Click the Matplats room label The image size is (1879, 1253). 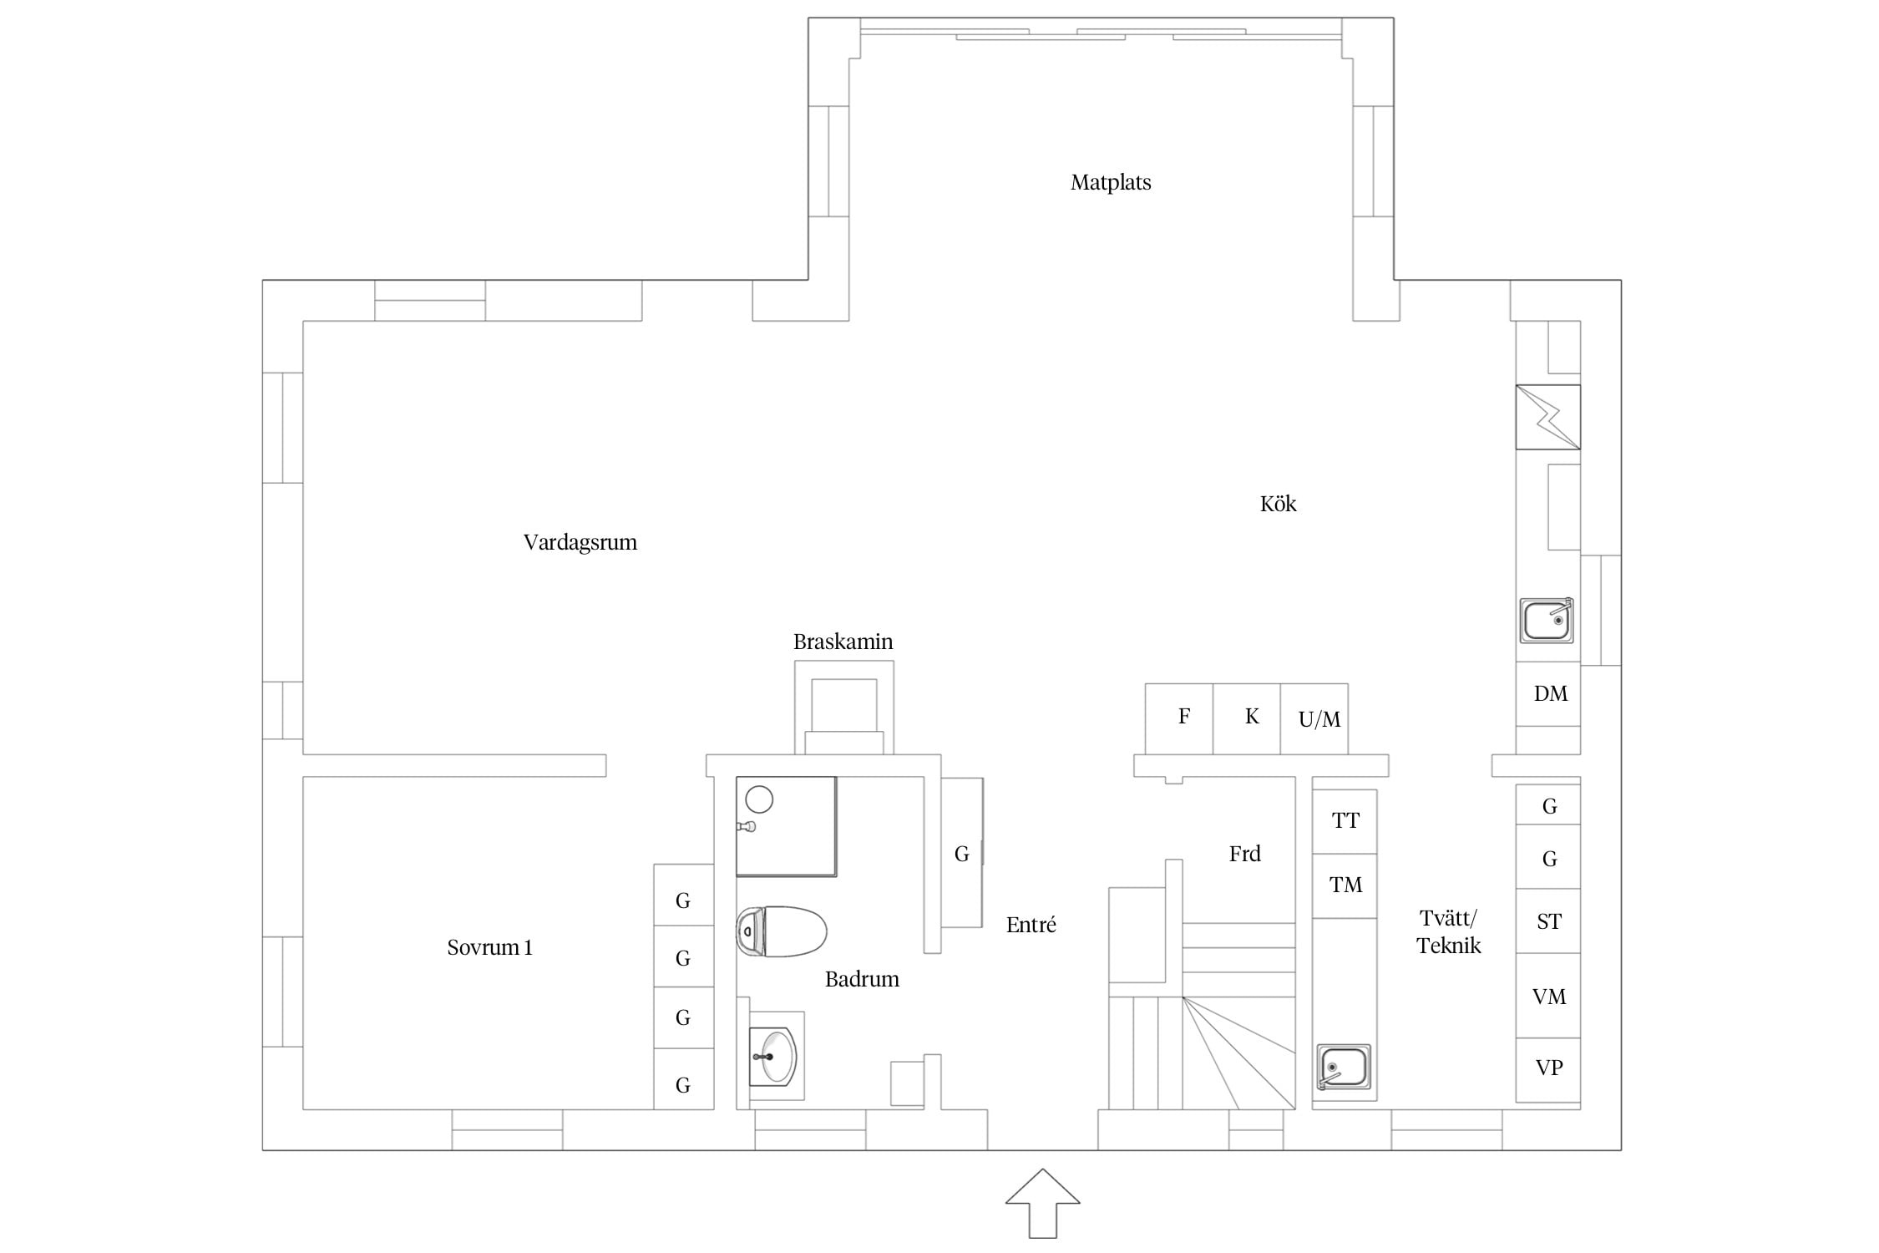(x=1111, y=182)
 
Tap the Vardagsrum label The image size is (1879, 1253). (x=580, y=543)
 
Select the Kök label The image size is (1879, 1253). (x=1278, y=504)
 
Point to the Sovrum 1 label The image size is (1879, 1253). (x=489, y=947)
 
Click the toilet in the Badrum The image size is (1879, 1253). (x=782, y=931)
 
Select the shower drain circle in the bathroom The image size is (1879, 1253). (x=759, y=799)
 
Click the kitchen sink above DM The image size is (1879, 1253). (x=1547, y=621)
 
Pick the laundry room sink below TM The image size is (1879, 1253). (x=1344, y=1067)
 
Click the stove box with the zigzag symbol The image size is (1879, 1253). (x=1548, y=417)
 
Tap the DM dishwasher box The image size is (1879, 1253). (x=1548, y=694)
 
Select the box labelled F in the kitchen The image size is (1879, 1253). (x=1178, y=719)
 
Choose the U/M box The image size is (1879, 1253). (x=1314, y=719)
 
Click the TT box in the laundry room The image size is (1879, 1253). (x=1345, y=821)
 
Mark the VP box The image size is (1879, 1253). (x=1548, y=1070)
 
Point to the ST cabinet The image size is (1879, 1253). (x=1548, y=921)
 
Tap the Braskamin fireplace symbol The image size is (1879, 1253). (x=844, y=708)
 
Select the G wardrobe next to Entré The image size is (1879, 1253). (x=962, y=852)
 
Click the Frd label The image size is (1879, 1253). (x=1244, y=854)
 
